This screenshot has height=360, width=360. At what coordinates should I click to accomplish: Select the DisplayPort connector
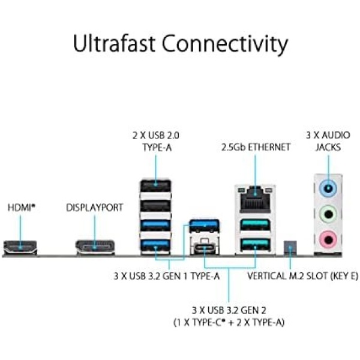tap(94, 245)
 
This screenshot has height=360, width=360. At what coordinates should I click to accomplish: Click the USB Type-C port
tap(204, 247)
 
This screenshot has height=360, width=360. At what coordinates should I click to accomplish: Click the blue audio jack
tap(327, 187)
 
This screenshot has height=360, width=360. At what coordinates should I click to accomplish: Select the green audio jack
tap(327, 213)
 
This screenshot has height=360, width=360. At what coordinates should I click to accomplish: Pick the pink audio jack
tap(327, 239)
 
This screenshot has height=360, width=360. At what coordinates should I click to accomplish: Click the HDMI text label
tap(22, 208)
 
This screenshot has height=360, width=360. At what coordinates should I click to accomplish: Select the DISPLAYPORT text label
tap(94, 208)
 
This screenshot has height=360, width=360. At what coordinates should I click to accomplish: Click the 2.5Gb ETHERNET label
tap(256, 147)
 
